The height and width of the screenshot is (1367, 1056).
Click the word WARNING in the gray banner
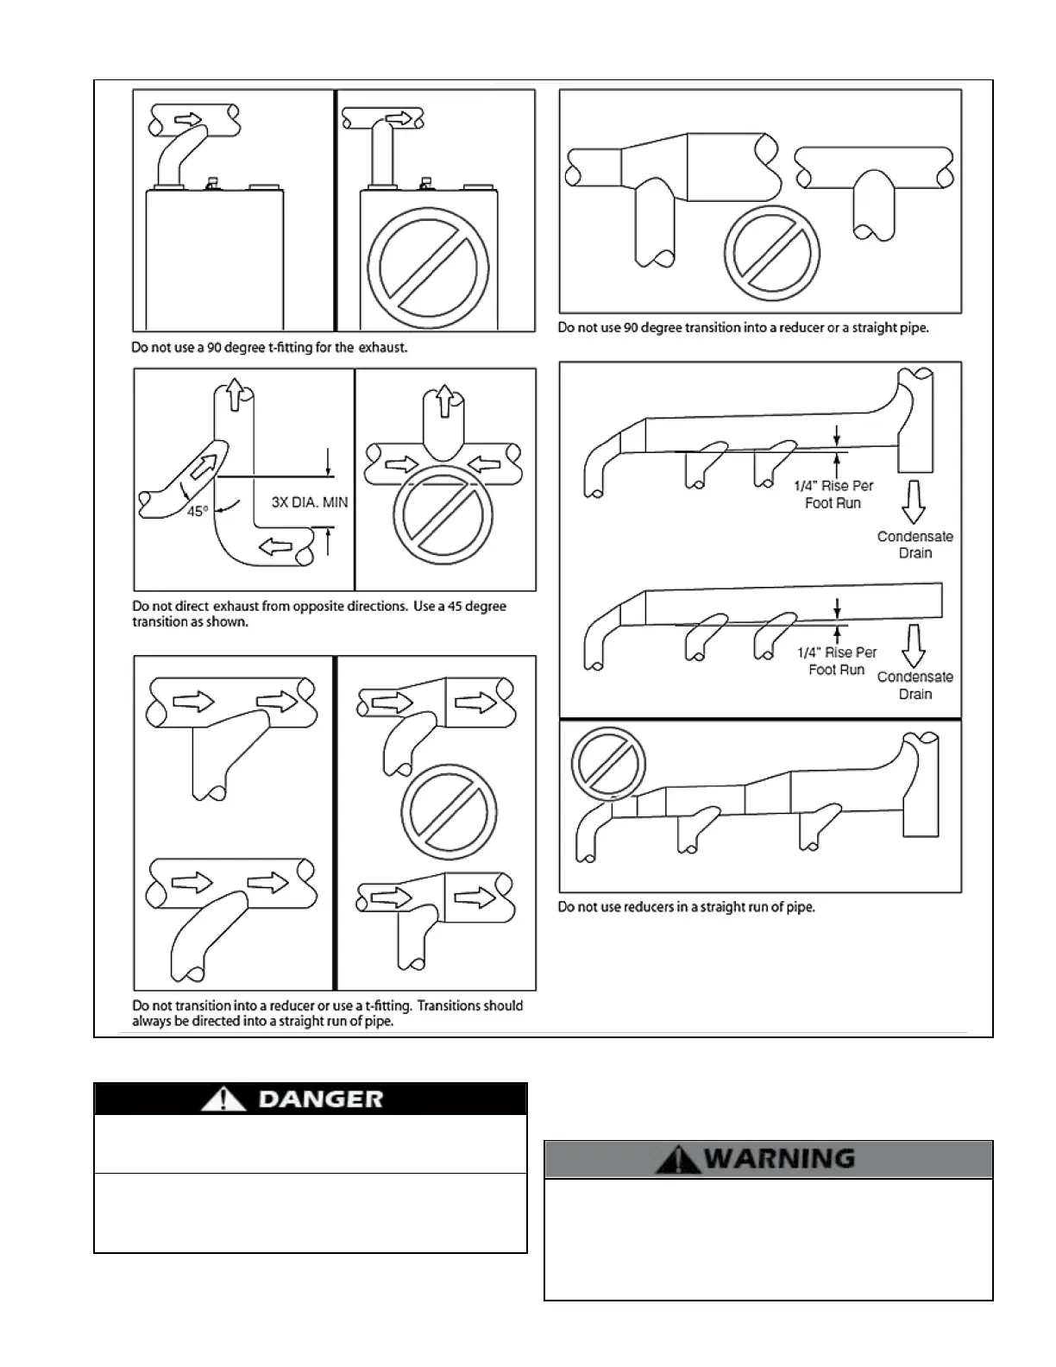[779, 1158]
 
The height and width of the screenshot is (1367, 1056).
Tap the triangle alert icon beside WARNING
[678, 1158]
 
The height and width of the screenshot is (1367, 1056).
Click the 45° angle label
[198, 511]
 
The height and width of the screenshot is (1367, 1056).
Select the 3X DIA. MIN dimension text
[309, 502]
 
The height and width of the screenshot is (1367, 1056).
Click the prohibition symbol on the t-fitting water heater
[423, 267]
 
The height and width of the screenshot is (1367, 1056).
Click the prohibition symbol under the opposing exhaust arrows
[443, 516]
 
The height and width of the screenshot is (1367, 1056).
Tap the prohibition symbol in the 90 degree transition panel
[771, 253]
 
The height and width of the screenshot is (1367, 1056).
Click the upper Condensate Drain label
[915, 545]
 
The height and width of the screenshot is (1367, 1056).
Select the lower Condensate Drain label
[915, 685]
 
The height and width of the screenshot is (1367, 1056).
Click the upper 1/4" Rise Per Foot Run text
[833, 495]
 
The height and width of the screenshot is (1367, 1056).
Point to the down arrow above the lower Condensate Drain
[914, 643]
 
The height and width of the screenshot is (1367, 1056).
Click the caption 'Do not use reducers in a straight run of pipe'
[686, 907]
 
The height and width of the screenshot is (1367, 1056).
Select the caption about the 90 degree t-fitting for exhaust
[269, 349]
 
